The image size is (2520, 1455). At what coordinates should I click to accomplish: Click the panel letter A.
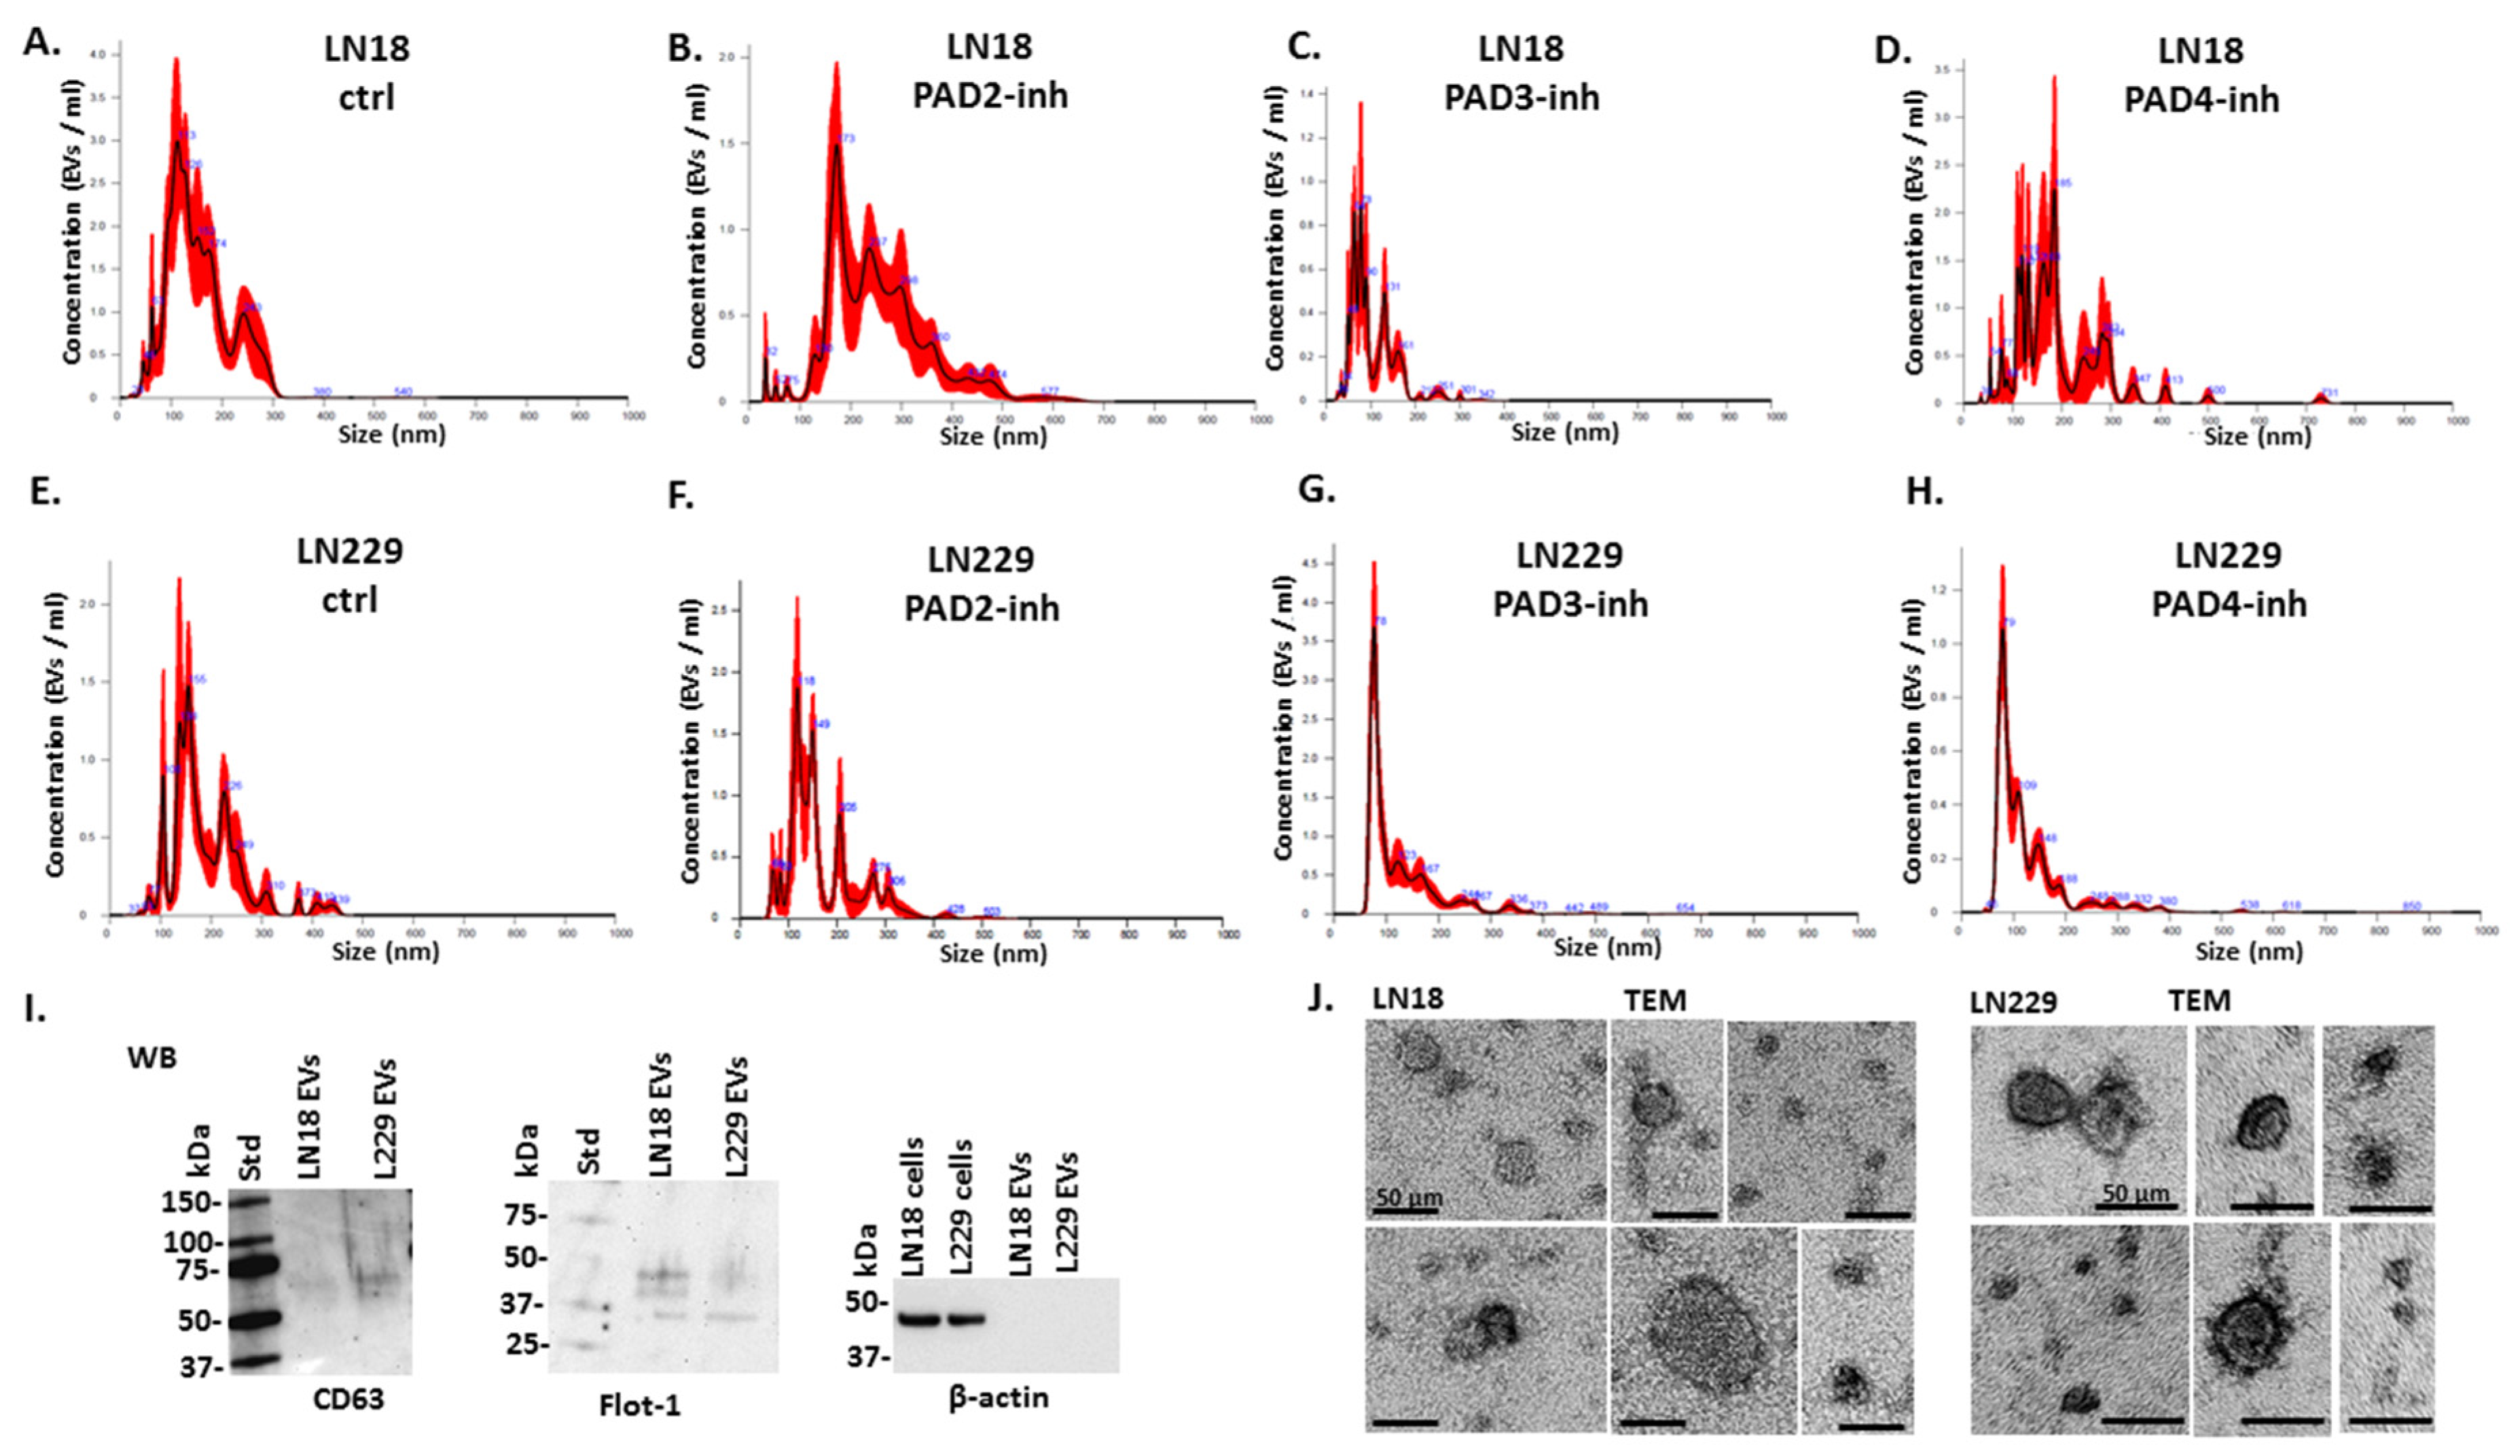click(41, 42)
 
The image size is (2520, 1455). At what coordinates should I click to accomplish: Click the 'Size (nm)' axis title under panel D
click(2257, 437)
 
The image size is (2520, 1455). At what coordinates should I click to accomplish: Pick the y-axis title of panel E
click(55, 736)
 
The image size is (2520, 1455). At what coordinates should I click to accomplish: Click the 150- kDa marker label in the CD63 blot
click(190, 1202)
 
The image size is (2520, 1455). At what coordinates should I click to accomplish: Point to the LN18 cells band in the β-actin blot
click(919, 1319)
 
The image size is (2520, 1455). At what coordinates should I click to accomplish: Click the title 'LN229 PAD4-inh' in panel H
click(2228, 579)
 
